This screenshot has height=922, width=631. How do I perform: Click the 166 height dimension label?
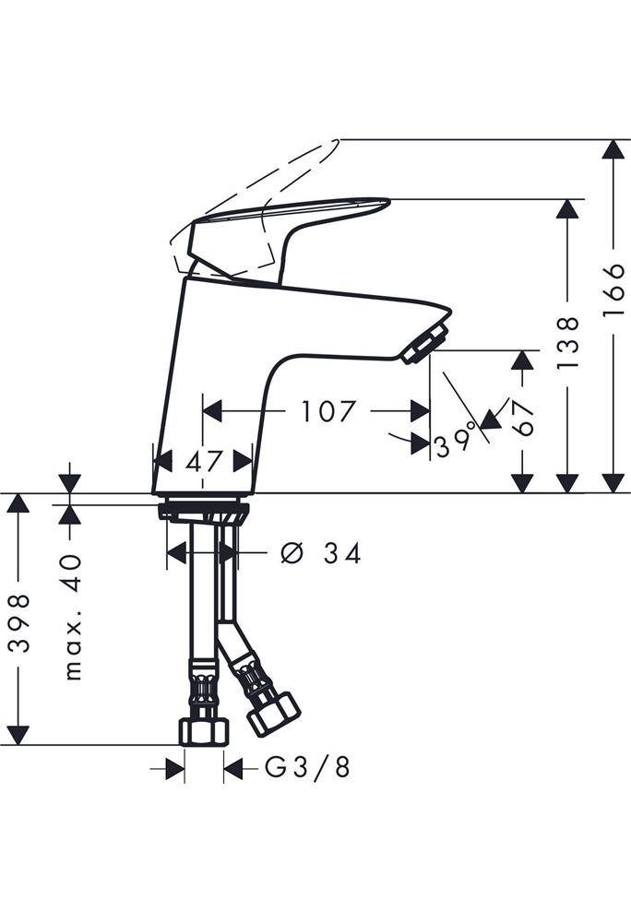[x=613, y=290]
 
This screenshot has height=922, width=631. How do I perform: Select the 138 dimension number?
[x=567, y=343]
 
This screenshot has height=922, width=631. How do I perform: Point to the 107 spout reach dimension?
[x=328, y=411]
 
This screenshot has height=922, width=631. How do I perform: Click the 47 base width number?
[x=204, y=462]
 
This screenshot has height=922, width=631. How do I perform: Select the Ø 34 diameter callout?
[x=320, y=553]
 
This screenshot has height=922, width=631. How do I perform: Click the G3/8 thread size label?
[x=307, y=767]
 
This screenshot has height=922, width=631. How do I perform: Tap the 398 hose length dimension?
[x=20, y=623]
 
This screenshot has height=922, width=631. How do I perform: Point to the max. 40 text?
[x=73, y=617]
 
